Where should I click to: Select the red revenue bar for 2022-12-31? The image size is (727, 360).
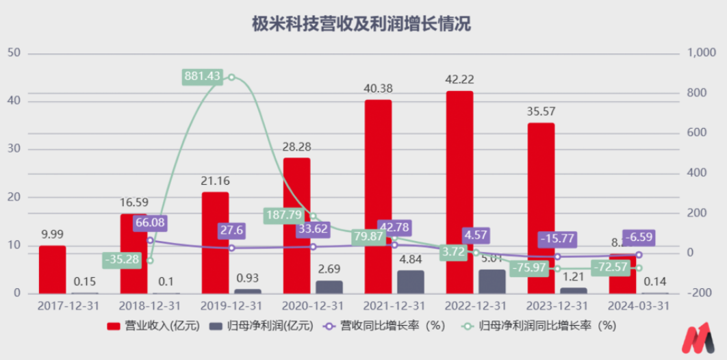[459, 192]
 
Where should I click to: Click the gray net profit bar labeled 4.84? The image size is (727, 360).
[411, 281]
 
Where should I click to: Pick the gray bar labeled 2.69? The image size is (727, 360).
[329, 287]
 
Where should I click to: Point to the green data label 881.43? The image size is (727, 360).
[202, 77]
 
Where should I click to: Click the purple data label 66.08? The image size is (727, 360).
[150, 223]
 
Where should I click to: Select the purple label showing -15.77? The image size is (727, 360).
[557, 240]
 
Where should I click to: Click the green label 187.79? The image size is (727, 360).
[283, 215]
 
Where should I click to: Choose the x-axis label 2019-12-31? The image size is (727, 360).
[231, 305]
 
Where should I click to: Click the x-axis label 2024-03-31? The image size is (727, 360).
[639, 305]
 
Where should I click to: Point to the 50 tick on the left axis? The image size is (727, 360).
[14, 53]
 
